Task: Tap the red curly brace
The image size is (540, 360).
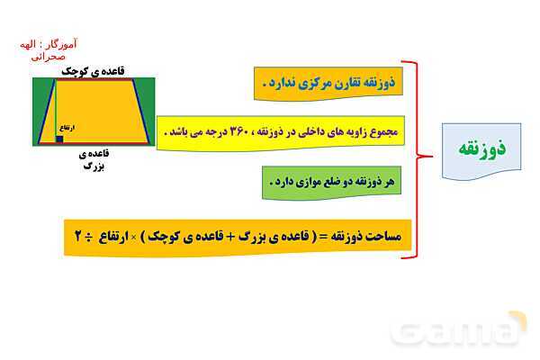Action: (x=415, y=157)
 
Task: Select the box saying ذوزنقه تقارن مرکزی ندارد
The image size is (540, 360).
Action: (x=322, y=85)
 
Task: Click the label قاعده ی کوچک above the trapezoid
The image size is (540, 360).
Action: (x=92, y=69)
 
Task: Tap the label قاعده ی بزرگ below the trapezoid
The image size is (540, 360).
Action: (x=94, y=159)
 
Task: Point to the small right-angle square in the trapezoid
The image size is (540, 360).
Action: (x=59, y=139)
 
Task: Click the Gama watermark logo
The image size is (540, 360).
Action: (x=459, y=331)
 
